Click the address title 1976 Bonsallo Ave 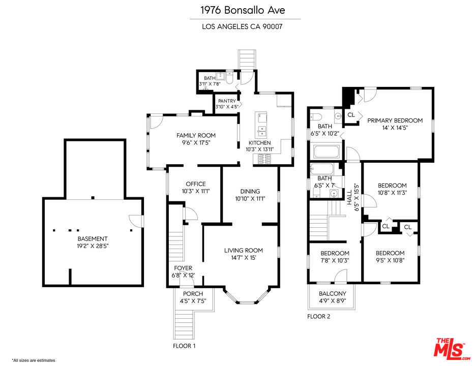(243, 10)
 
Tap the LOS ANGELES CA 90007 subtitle (242, 26)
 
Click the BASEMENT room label (93, 239)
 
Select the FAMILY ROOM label (196, 135)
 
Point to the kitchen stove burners (265, 159)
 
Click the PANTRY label (227, 101)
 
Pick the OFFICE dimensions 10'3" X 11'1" (196, 191)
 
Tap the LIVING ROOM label (243, 250)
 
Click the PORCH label (193, 294)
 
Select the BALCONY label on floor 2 (332, 293)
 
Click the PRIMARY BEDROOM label (395, 120)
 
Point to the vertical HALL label (349, 198)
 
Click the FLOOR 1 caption (184, 346)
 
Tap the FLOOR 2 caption (318, 316)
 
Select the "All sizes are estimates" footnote (34, 360)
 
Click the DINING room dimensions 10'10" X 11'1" (250, 199)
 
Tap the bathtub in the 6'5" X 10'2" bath (327, 151)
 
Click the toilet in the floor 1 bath (229, 78)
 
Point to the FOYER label (183, 268)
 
